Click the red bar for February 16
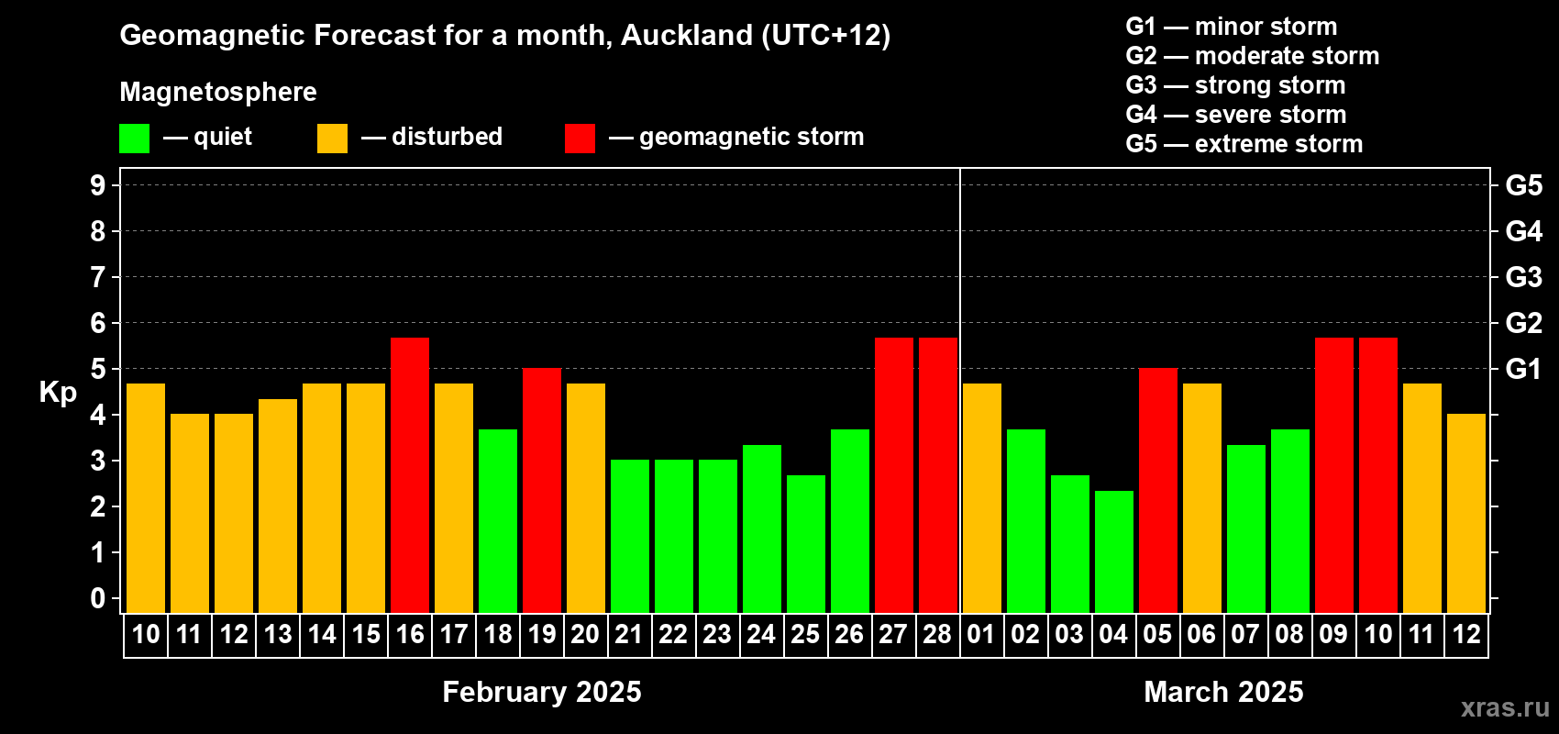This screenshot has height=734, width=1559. pyautogui.click(x=410, y=475)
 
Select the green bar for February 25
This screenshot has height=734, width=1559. pyautogui.click(x=806, y=544)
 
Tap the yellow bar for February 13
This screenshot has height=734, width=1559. pyautogui.click(x=278, y=506)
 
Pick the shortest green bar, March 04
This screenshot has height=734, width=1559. pyautogui.click(x=1114, y=551)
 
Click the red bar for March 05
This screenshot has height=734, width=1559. pyautogui.click(x=1158, y=490)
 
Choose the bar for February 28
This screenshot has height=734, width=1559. pyautogui.click(x=938, y=475)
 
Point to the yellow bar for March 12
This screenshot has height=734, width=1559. pyautogui.click(x=1466, y=513)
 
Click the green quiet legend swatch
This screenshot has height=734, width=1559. pyautogui.click(x=134, y=138)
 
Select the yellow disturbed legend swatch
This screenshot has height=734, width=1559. pyautogui.click(x=332, y=138)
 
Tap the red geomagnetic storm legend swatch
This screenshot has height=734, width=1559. pyautogui.click(x=580, y=138)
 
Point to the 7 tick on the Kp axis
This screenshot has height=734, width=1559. pyautogui.click(x=97, y=277)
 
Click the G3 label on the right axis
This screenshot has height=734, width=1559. pyautogui.click(x=1523, y=277)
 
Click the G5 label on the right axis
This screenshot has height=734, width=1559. pyautogui.click(x=1523, y=185)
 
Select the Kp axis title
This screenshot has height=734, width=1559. pyautogui.click(x=58, y=392)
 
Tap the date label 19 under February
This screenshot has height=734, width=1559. pyautogui.click(x=541, y=634)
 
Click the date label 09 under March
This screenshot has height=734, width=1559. pyautogui.click(x=1333, y=634)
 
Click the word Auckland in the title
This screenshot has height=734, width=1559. pyautogui.click(x=686, y=35)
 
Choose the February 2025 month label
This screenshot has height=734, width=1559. pyautogui.click(x=541, y=692)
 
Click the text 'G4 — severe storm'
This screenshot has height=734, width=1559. pyautogui.click(x=1235, y=114)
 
